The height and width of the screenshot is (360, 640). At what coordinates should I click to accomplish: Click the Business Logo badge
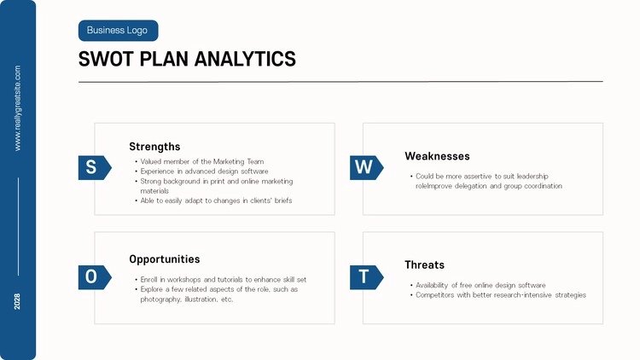tap(118, 31)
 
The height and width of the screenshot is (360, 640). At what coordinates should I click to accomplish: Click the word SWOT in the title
tap(106, 59)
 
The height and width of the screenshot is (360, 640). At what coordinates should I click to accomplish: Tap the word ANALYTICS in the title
tap(245, 59)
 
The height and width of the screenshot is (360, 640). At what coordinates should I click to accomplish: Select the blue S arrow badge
tap(95, 167)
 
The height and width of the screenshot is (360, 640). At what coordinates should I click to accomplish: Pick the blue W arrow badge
tap(367, 167)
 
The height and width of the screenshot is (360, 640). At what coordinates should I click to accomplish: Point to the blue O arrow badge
tap(95, 277)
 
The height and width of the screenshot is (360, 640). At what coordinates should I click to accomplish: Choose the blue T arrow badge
tap(367, 277)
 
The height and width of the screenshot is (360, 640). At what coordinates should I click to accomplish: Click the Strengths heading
tap(154, 147)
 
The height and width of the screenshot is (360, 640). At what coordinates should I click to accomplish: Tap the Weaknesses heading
tap(437, 156)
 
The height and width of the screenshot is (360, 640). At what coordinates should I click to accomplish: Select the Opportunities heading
tap(165, 259)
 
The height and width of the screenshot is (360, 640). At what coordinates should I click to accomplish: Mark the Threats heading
tap(424, 265)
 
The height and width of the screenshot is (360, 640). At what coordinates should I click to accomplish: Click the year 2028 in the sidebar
tap(17, 301)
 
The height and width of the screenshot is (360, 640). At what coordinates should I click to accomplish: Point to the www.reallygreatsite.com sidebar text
tap(17, 108)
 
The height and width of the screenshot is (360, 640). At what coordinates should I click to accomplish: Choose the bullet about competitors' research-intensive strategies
tap(498, 295)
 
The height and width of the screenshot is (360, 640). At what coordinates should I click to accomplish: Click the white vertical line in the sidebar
tap(18, 227)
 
